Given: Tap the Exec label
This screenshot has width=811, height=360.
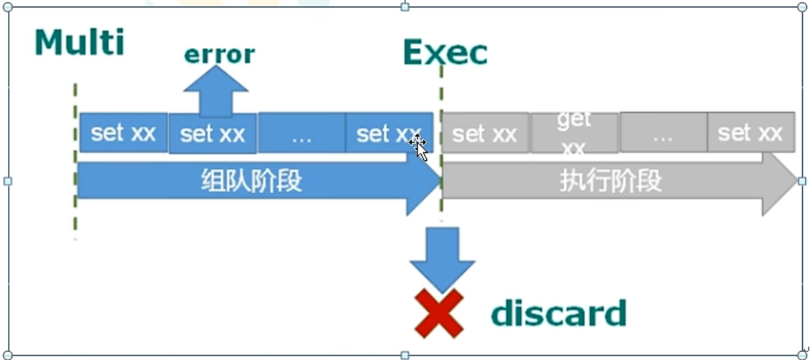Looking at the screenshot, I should click(444, 52).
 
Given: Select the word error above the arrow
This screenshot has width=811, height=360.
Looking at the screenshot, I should click(219, 54).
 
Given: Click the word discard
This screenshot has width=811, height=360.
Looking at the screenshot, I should click(558, 313).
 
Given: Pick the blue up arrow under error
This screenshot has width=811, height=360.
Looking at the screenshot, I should click(216, 91).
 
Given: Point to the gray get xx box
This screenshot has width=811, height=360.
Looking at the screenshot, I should click(574, 133).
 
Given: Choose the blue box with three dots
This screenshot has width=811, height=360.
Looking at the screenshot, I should click(301, 133).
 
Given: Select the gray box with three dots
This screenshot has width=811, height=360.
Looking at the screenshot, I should click(662, 133).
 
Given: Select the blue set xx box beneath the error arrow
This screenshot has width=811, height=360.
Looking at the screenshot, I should click(212, 134).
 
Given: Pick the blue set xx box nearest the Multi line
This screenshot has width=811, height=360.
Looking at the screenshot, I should click(123, 133).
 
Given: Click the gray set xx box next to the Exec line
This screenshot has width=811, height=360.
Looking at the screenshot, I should click(485, 133).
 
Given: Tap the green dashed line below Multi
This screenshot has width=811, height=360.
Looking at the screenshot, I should click(75, 160).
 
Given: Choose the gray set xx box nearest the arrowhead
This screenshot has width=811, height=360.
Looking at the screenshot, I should click(750, 133).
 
